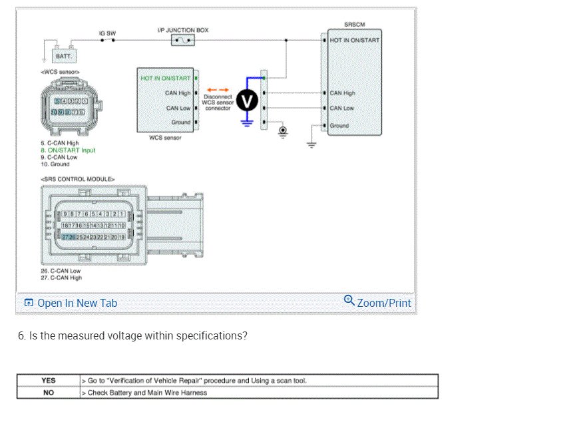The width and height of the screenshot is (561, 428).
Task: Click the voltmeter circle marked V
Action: click(x=248, y=101)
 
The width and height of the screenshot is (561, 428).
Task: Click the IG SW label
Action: click(x=106, y=33)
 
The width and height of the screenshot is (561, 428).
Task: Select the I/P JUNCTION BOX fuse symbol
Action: click(x=183, y=41)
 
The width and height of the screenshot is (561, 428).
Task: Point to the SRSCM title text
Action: click(x=354, y=25)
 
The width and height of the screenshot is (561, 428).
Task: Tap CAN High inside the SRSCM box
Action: click(x=343, y=93)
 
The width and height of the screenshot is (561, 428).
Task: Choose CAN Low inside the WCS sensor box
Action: click(x=178, y=108)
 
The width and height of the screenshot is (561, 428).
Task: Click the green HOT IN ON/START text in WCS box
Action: click(x=165, y=78)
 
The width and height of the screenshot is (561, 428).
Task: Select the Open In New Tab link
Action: click(x=77, y=303)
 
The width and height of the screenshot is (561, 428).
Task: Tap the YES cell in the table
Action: click(x=49, y=381)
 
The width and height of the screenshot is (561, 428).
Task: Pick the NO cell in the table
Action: click(x=49, y=392)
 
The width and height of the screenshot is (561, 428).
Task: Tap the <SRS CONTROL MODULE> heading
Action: click(x=78, y=178)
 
